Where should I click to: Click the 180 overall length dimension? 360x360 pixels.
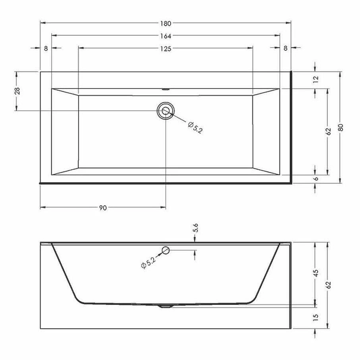[166, 23]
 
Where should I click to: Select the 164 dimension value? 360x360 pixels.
[166, 36]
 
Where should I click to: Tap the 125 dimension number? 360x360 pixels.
[166, 48]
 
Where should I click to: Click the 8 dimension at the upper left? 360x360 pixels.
[46, 48]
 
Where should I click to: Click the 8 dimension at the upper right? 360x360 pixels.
[285, 48]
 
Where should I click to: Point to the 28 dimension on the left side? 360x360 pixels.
[17, 91]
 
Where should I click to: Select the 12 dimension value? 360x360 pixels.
[316, 79]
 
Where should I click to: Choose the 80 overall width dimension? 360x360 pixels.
[340, 127]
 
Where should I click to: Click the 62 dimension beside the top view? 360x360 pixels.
[328, 132]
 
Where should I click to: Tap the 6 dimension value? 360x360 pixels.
[316, 179]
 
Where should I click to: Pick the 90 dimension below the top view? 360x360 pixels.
[103, 207]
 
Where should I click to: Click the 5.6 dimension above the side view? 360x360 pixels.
[195, 227]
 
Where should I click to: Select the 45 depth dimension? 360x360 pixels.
[316, 274]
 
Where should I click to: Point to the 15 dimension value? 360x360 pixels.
[316, 318]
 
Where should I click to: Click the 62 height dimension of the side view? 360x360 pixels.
[328, 285]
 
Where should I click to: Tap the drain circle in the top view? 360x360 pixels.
[166, 110]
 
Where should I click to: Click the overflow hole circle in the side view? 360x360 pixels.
[166, 250]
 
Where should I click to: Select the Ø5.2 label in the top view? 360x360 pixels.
[194, 128]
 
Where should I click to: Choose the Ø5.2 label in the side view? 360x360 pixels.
[148, 263]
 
